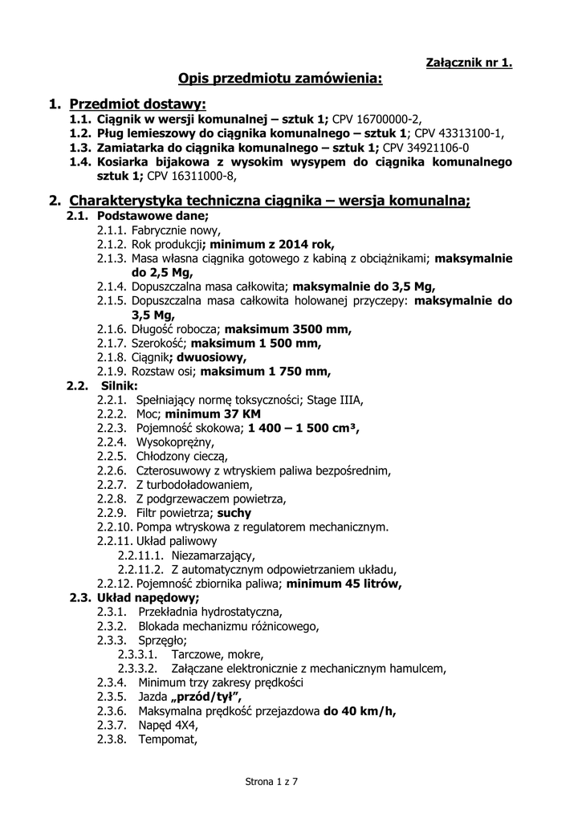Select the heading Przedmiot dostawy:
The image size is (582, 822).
(137, 104)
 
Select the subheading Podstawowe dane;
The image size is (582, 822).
(152, 216)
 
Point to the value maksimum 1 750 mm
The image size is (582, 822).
(265, 371)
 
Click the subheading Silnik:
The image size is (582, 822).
(119, 385)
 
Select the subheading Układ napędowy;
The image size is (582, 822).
(148, 597)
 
